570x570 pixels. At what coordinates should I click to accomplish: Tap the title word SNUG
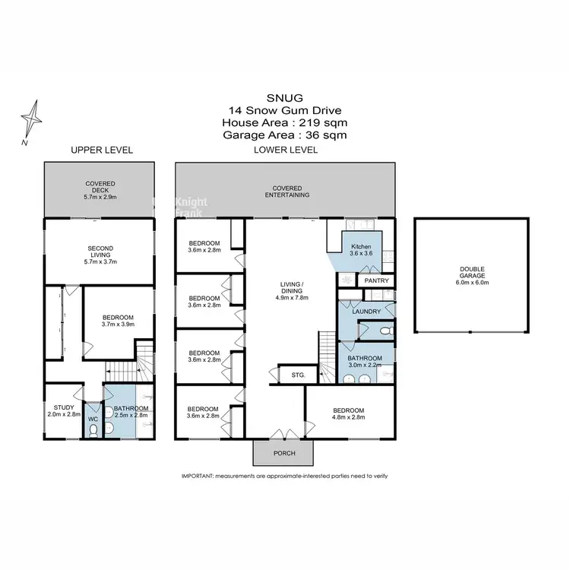284,97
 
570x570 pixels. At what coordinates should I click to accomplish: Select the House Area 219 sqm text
284,122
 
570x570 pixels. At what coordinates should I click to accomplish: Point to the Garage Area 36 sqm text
284,135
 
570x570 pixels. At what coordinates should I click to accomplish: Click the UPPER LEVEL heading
102,150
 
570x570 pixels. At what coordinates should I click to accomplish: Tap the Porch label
284,454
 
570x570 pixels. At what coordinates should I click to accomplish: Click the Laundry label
366,310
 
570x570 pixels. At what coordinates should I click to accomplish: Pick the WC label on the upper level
92,418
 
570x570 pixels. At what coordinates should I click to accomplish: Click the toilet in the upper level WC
92,431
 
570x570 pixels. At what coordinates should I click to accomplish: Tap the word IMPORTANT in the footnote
197,476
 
